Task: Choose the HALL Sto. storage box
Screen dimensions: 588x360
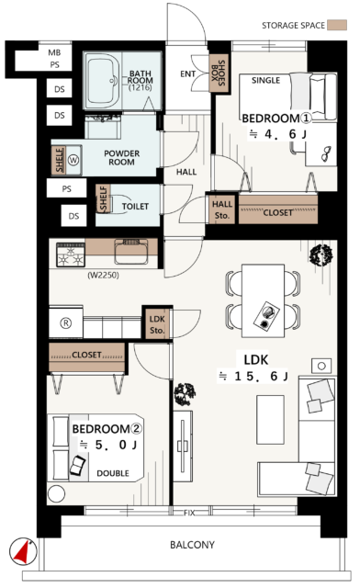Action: click(222, 209)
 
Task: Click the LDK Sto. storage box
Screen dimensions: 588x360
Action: click(157, 322)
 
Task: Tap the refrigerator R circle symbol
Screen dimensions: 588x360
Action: click(65, 322)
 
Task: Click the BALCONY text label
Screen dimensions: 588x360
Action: click(192, 544)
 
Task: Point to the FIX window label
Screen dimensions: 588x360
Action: click(189, 511)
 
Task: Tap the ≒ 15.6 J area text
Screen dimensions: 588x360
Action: click(253, 376)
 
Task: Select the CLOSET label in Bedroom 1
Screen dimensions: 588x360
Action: click(278, 213)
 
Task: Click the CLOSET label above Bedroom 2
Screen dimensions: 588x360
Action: click(86, 354)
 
